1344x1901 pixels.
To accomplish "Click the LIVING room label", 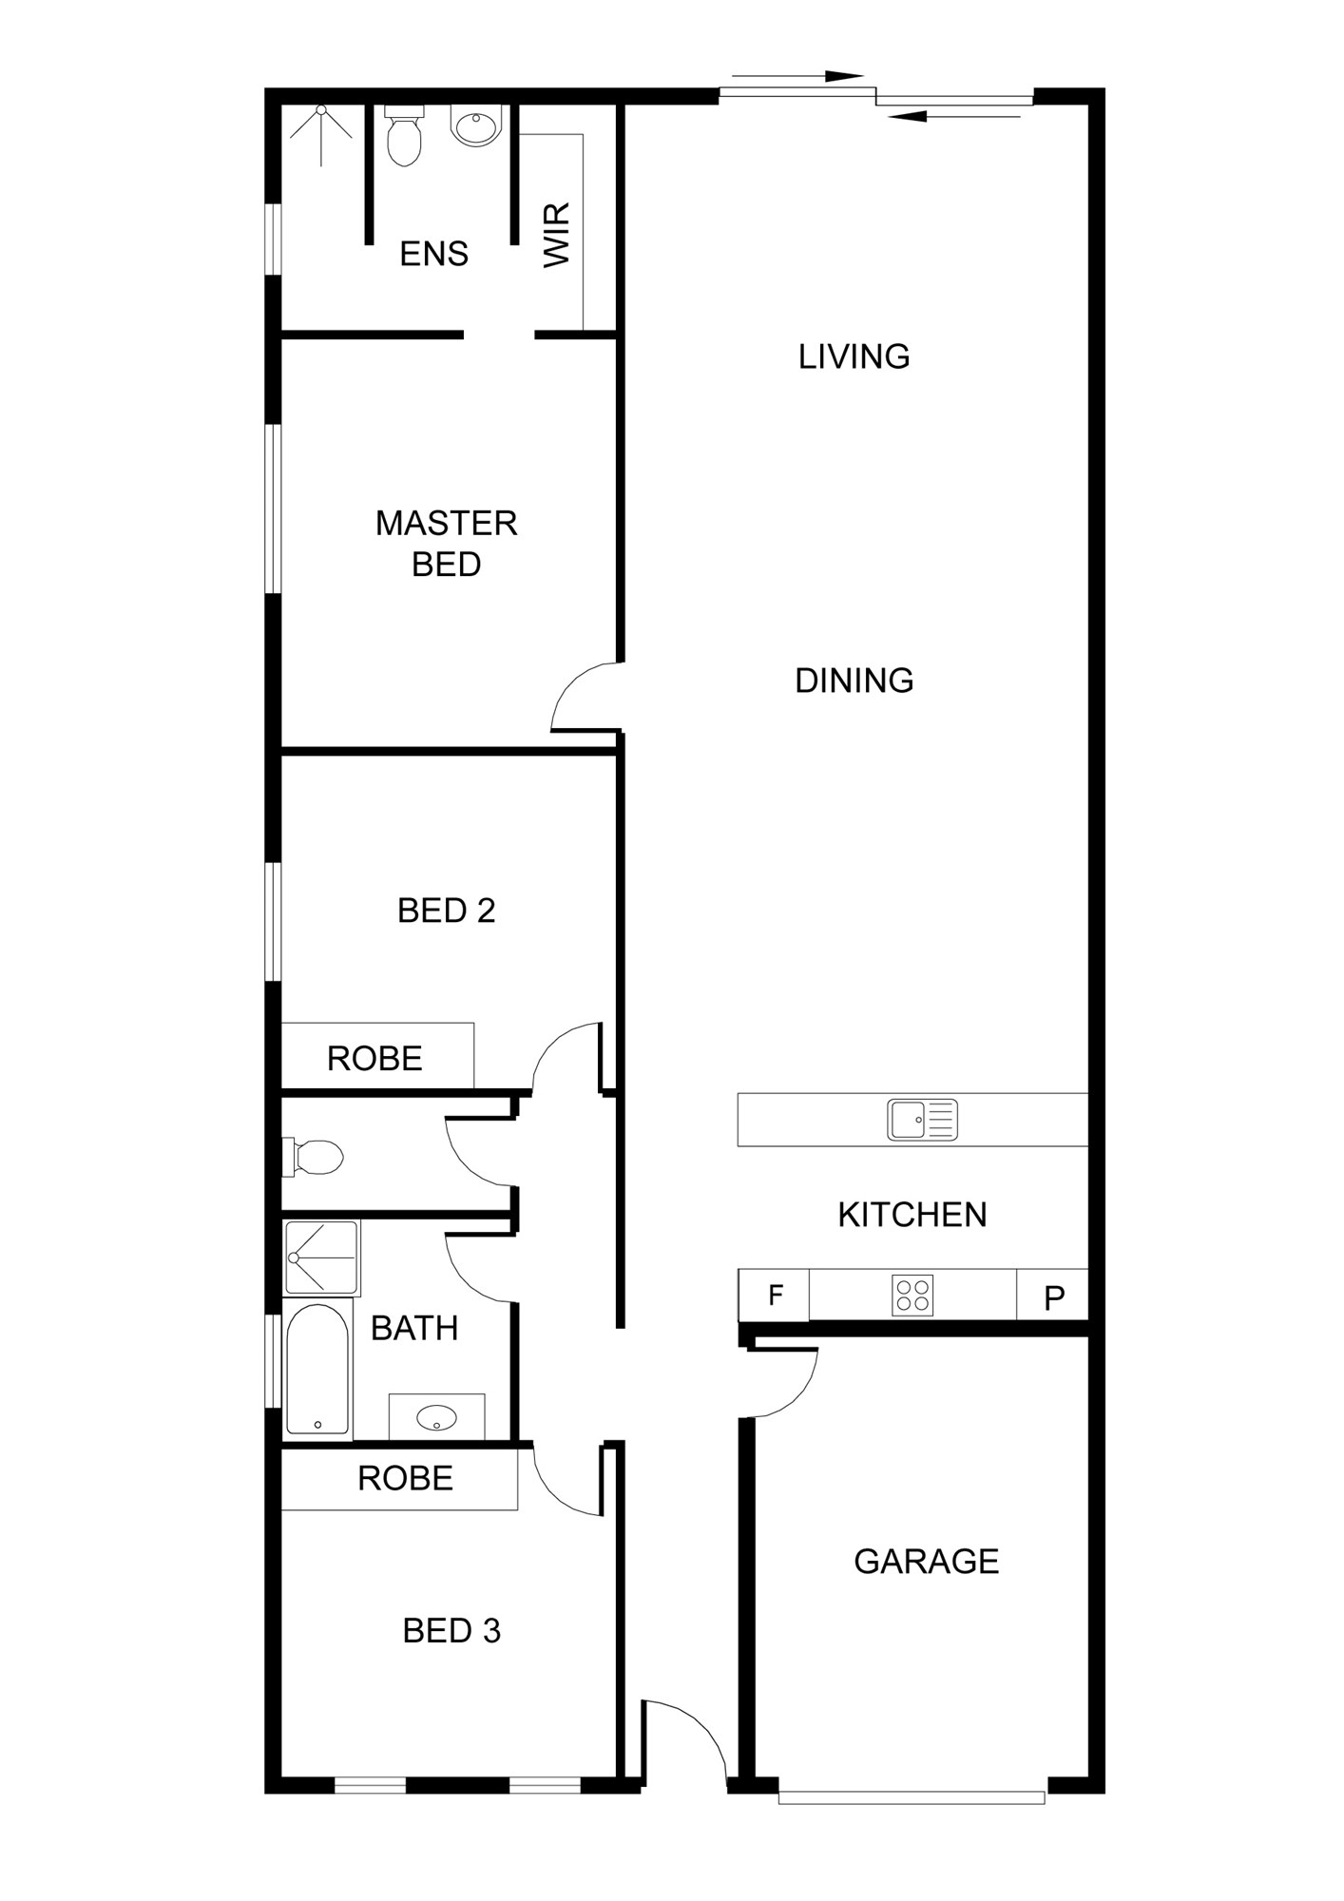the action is click(x=854, y=356).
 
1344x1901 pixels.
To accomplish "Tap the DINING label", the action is click(x=854, y=681).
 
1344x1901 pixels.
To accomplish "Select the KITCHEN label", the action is click(x=912, y=1215).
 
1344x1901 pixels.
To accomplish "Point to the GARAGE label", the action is click(x=927, y=1562).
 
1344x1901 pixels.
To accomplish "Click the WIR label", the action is click(x=557, y=235).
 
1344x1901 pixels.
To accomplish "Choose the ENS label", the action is click(x=434, y=254).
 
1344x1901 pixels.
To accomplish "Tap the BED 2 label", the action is click(x=447, y=911).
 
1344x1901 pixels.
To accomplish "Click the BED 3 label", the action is click(x=451, y=1631).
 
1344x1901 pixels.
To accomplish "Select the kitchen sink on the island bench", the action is click(x=922, y=1120).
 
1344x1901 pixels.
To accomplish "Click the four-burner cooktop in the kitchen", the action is click(x=912, y=1296).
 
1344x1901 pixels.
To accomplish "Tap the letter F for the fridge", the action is click(x=776, y=1295).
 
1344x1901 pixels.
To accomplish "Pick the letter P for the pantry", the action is click(x=1054, y=1298).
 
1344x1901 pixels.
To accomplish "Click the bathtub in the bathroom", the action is click(x=318, y=1370).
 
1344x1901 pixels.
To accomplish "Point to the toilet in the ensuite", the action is click(x=404, y=136).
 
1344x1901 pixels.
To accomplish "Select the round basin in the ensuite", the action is click(x=474, y=126).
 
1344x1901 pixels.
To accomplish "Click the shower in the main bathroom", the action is click(x=322, y=1258).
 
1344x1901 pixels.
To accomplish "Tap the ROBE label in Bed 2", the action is click(x=374, y=1059).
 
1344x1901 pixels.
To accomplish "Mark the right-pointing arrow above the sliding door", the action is click(x=797, y=76).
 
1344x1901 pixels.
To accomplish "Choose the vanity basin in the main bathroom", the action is click(x=436, y=1418).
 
